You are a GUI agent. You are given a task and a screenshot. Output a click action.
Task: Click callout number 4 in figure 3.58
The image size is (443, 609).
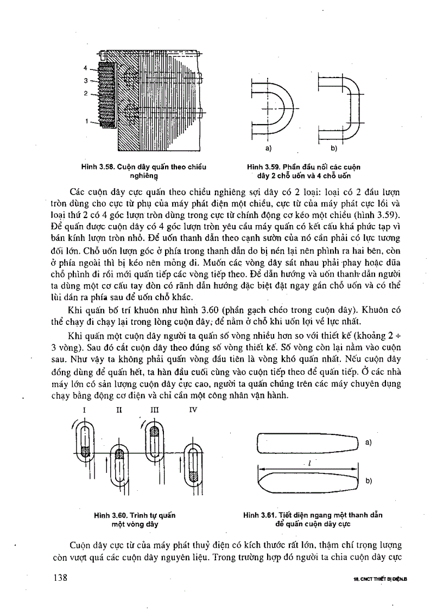point(85,68)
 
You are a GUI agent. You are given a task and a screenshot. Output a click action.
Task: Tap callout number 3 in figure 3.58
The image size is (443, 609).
point(85,80)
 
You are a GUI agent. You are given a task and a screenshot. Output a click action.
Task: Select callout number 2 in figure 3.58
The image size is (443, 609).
point(85,93)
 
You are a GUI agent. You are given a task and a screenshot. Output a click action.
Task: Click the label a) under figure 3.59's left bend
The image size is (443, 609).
point(267,147)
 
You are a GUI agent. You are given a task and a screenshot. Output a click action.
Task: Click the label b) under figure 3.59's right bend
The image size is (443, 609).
point(334,147)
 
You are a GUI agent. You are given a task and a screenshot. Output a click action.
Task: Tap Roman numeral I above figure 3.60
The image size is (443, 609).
point(84,410)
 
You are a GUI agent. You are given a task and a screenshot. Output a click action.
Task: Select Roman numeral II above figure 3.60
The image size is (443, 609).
point(119,410)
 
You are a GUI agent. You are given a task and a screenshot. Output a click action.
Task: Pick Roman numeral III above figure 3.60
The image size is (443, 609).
point(155,410)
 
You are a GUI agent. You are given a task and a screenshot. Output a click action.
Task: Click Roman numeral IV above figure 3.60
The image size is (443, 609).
point(192,410)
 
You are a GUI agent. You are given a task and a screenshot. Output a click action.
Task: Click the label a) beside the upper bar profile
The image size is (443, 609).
point(369,443)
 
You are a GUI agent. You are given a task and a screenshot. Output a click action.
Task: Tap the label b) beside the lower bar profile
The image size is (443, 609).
point(369,480)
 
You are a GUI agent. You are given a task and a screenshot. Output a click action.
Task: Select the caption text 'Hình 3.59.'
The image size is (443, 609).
point(263,167)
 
